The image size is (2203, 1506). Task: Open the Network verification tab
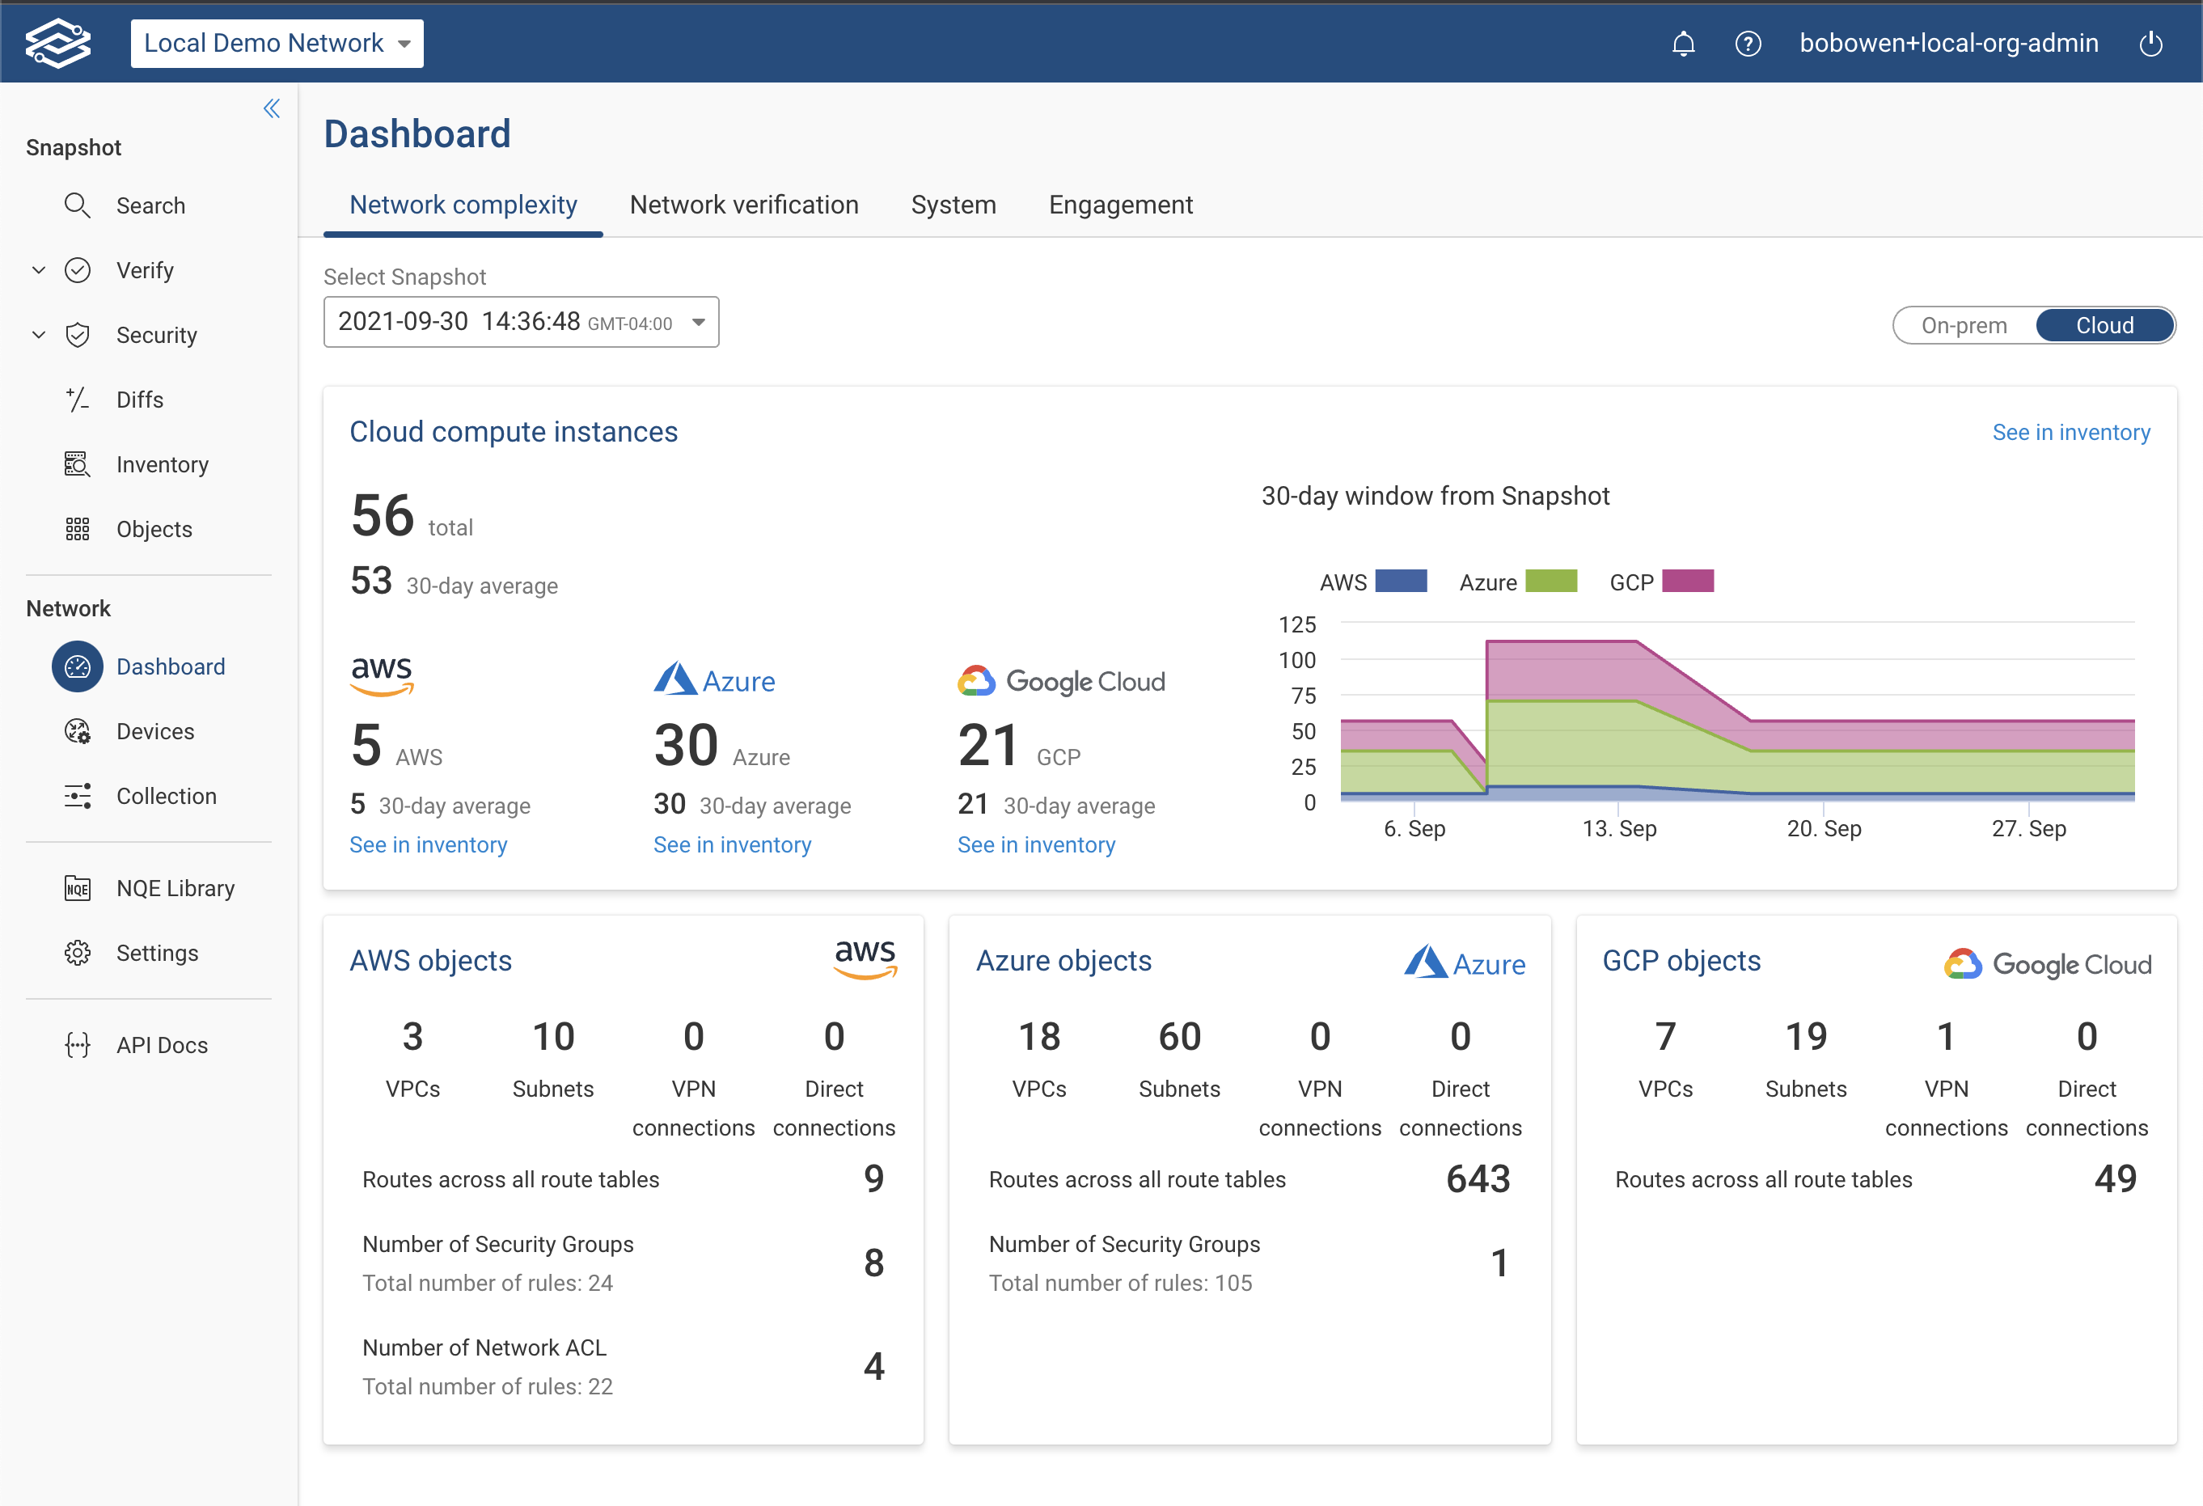tap(743, 205)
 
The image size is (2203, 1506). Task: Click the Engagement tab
tap(1119, 205)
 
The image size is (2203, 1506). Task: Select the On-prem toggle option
tap(1963, 325)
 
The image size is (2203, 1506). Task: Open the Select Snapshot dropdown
tap(520, 322)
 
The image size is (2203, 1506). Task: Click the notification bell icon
tap(1683, 44)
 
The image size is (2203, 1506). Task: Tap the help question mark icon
tap(1747, 44)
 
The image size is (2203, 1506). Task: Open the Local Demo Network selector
tap(277, 44)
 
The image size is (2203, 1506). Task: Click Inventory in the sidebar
tap(162, 464)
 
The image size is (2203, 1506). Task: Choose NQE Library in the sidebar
tap(175, 888)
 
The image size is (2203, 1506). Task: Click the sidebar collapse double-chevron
tap(272, 109)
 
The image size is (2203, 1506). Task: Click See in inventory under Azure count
tap(732, 844)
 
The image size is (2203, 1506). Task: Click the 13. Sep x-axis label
tap(1618, 828)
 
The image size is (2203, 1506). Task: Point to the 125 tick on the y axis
tap(1296, 624)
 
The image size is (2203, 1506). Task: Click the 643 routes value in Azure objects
tap(1477, 1178)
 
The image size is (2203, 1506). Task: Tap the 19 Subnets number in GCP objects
tap(1805, 1036)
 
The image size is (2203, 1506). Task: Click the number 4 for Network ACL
tap(873, 1366)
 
